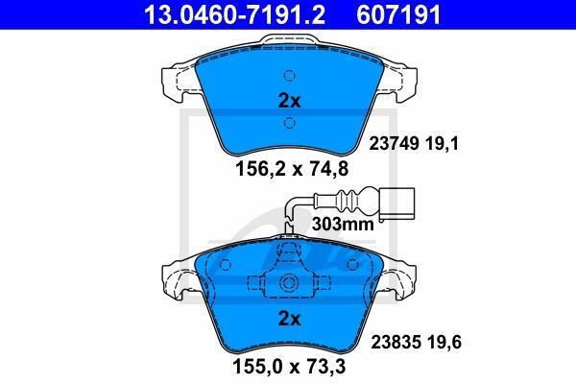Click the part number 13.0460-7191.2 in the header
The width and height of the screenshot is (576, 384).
click(x=234, y=14)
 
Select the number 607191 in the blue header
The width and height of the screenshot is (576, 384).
click(x=398, y=14)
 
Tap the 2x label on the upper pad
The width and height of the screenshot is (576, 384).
click(x=290, y=100)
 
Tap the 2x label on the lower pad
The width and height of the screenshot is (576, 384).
click(x=290, y=319)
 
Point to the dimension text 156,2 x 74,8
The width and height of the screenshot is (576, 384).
click(x=291, y=169)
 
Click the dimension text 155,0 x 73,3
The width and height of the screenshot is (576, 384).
click(x=289, y=367)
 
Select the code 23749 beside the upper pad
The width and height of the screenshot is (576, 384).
click(x=394, y=144)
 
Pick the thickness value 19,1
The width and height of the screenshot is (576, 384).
click(x=443, y=144)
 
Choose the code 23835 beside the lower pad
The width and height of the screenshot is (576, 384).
click(x=396, y=343)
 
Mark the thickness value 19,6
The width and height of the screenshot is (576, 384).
click(x=444, y=343)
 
